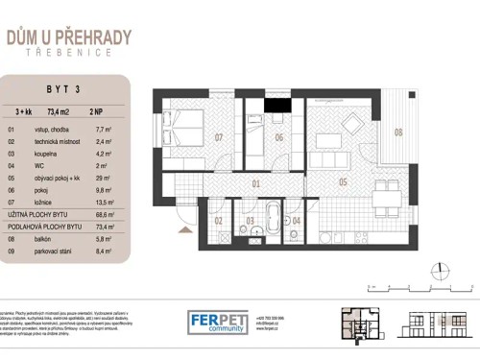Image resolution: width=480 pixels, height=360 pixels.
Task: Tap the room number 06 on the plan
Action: point(278,137)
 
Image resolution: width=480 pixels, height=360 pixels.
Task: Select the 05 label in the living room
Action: point(343,180)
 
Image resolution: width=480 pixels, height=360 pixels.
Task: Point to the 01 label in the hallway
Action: point(256,181)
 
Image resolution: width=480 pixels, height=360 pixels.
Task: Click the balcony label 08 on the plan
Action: point(397,132)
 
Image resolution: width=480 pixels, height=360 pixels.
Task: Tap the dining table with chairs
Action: point(385,200)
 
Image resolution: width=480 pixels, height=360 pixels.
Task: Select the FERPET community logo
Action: point(216,322)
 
